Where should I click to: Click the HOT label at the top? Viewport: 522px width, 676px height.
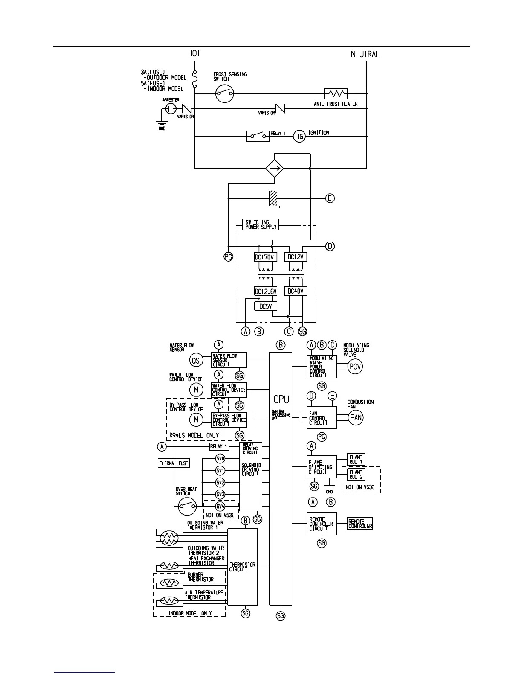click(x=194, y=53)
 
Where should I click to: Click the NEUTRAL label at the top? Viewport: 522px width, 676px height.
click(x=365, y=54)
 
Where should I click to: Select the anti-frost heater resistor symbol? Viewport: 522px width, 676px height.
click(x=336, y=93)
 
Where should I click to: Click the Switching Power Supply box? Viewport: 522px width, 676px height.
click(x=260, y=224)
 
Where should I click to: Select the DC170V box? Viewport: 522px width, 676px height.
click(x=266, y=257)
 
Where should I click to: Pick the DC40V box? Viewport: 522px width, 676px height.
click(x=296, y=291)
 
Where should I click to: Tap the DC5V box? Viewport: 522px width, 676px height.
click(x=266, y=306)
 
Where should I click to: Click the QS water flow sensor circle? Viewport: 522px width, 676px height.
click(x=196, y=361)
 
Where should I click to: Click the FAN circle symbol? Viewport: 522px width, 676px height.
click(x=356, y=417)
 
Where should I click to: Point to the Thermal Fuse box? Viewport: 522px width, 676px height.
click(x=174, y=463)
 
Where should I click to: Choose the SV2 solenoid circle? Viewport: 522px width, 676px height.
click(x=220, y=482)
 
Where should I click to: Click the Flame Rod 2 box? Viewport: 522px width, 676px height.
click(x=356, y=474)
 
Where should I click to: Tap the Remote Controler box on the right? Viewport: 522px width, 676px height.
click(x=360, y=524)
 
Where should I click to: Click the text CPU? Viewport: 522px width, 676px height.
click(x=281, y=399)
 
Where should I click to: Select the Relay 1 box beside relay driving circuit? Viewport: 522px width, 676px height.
click(x=219, y=446)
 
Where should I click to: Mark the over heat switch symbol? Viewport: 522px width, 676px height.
click(x=187, y=506)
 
